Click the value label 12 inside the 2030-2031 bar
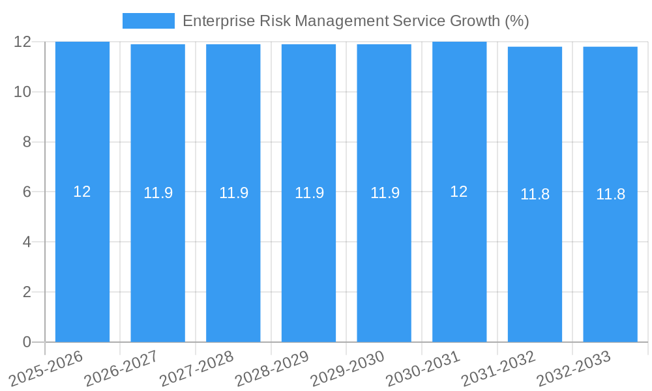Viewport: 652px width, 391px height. click(x=459, y=192)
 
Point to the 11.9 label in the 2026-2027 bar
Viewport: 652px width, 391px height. click(x=158, y=193)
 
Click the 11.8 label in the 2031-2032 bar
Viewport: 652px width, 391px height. click(x=535, y=194)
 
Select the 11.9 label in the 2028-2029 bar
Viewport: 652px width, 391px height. click(x=309, y=193)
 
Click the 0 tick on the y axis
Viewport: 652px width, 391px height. click(x=27, y=342)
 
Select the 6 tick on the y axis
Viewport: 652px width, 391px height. click(x=27, y=192)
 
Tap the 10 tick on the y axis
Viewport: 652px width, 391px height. click(x=23, y=92)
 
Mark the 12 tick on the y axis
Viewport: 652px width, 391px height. click(x=23, y=42)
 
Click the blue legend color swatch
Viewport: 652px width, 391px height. click(x=149, y=21)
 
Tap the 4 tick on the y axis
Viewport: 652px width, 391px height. click(x=27, y=242)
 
